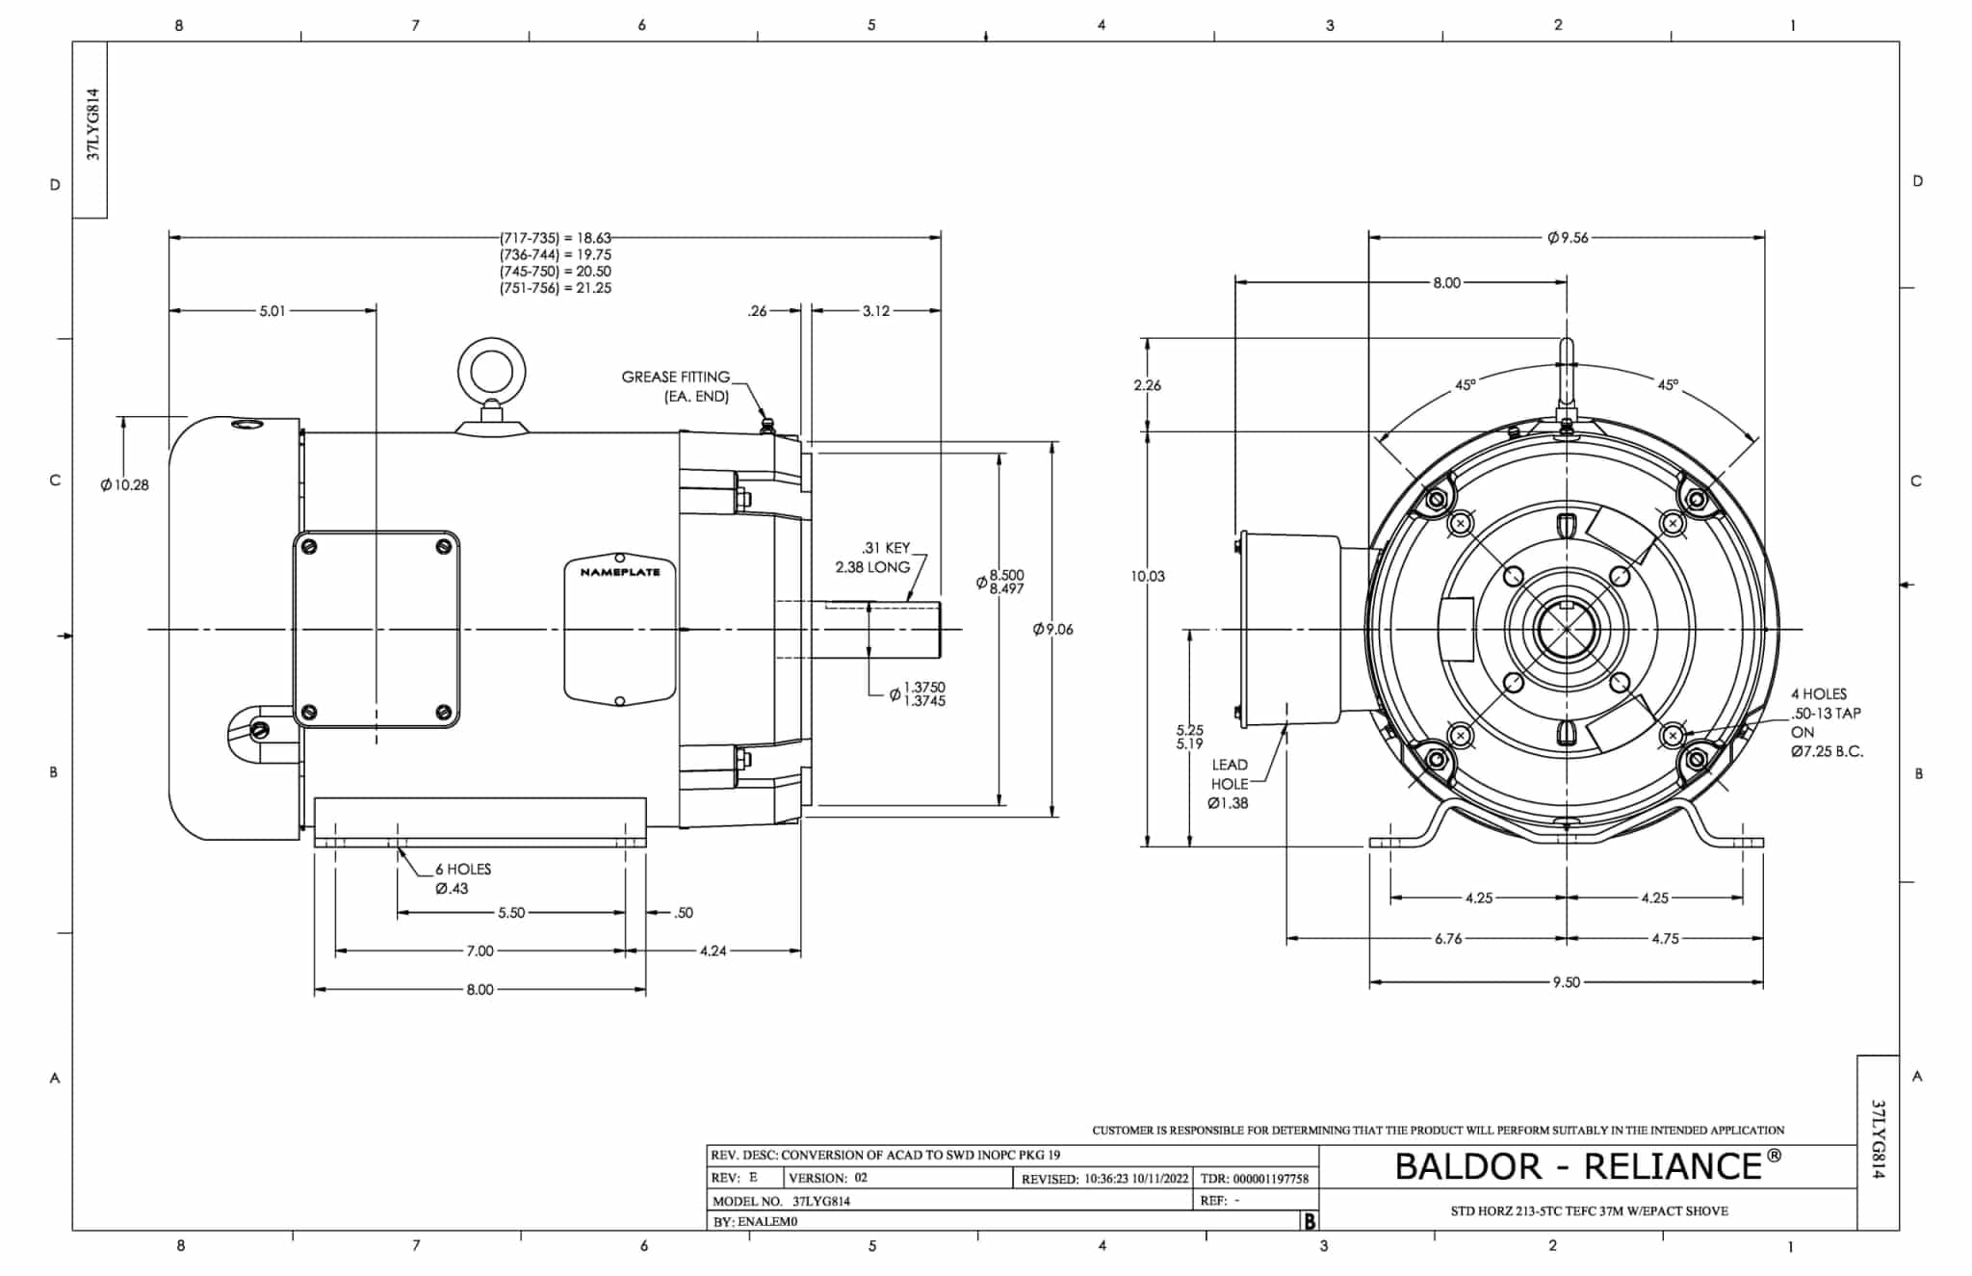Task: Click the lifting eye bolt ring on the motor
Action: pyautogui.click(x=491, y=371)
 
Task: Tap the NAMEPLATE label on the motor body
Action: pyautogui.click(x=619, y=572)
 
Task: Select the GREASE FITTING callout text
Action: pyautogui.click(x=676, y=377)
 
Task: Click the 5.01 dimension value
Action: pyautogui.click(x=272, y=311)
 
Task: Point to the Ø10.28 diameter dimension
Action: pyautogui.click(x=125, y=484)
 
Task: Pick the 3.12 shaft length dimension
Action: pyautogui.click(x=875, y=311)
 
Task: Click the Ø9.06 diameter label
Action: pyautogui.click(x=1052, y=629)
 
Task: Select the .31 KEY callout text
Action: pyautogui.click(x=886, y=548)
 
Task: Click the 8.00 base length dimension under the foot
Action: pyautogui.click(x=480, y=989)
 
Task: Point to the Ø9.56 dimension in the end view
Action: pyautogui.click(x=1568, y=238)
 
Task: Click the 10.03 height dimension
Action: pyautogui.click(x=1148, y=576)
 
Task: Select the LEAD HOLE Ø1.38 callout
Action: pyautogui.click(x=1229, y=783)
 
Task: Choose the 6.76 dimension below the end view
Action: pyautogui.click(x=1448, y=938)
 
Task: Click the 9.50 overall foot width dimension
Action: pyautogui.click(x=1566, y=982)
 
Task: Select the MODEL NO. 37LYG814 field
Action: pyautogui.click(x=782, y=1201)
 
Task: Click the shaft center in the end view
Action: pyautogui.click(x=1567, y=630)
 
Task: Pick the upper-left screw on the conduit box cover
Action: pyautogui.click(x=309, y=547)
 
